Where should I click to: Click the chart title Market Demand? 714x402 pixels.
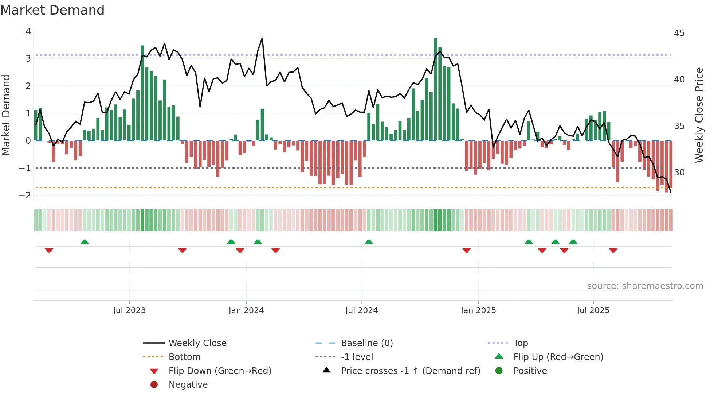(52, 10)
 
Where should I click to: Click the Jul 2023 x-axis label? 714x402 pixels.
(129, 310)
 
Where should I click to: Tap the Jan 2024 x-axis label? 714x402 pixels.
(246, 310)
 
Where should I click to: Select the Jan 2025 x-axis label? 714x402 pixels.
(478, 310)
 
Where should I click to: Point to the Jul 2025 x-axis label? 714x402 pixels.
(593, 310)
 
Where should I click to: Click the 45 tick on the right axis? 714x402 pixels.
(679, 33)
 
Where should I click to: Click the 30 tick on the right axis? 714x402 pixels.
(679, 172)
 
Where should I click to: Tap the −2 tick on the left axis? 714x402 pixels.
(25, 195)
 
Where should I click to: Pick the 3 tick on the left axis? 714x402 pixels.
(28, 58)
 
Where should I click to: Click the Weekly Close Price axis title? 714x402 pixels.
(699, 115)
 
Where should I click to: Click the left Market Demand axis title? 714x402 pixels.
(6, 115)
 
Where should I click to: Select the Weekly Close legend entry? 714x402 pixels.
(197, 343)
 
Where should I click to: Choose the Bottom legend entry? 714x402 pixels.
(184, 357)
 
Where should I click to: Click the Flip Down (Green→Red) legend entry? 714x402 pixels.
(220, 371)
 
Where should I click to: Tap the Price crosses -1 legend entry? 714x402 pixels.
(410, 371)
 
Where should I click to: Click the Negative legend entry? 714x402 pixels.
(188, 384)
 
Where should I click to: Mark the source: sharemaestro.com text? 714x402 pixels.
(645, 286)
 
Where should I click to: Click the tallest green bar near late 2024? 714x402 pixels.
(435, 89)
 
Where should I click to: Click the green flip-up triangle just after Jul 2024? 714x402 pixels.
(369, 242)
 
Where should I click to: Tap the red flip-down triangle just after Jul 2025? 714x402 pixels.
(613, 250)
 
